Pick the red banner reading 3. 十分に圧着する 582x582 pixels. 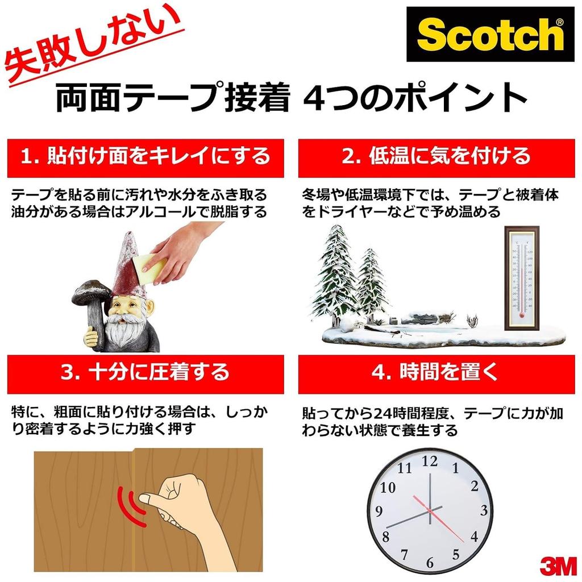pos(145,373)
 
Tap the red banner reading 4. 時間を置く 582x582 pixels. pos(436,373)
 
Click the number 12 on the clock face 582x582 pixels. pos(430,461)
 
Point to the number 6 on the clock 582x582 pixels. pos(430,563)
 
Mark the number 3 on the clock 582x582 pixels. pos(484,510)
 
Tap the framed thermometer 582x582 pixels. pos(521,278)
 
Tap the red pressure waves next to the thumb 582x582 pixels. pos(130,503)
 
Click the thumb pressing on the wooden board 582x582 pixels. pos(149,498)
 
